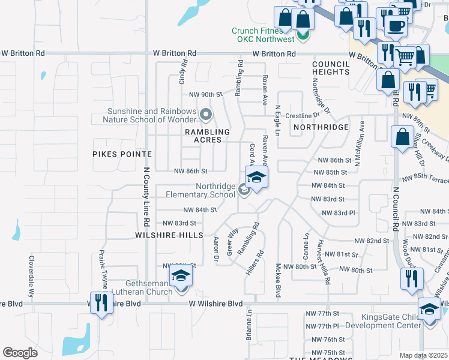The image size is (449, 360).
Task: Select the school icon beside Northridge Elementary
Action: coord(256,178)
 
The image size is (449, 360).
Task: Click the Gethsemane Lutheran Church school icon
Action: coord(179,277)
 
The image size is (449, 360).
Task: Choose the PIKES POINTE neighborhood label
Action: coord(122,154)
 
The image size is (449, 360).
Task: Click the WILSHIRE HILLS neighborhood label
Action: coord(169,235)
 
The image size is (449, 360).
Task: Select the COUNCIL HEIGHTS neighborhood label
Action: coord(330,67)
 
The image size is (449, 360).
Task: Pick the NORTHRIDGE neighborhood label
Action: coord(321,128)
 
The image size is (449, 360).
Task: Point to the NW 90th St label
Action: coord(206,95)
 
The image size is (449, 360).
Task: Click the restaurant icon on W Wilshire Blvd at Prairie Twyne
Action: coord(100,302)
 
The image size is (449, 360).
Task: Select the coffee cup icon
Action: coord(395,26)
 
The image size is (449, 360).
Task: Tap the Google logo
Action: coord(20,353)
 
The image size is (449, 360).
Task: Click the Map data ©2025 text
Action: coord(424,355)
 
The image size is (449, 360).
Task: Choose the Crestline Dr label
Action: coord(303,115)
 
